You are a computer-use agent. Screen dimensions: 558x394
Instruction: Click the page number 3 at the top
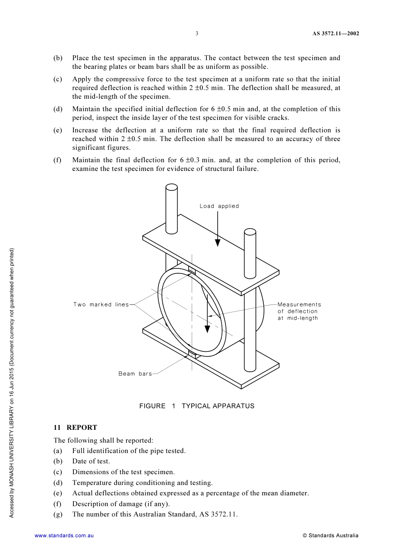click(x=197, y=34)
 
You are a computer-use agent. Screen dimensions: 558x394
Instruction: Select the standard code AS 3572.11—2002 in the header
click(x=336, y=34)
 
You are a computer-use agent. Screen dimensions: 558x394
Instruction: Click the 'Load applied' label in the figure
click(x=219, y=206)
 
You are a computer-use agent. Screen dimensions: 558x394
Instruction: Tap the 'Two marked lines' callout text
click(x=101, y=305)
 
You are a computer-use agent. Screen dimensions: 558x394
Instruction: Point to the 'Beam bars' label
click(x=135, y=374)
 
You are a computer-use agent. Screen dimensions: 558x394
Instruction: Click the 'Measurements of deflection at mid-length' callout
click(x=299, y=311)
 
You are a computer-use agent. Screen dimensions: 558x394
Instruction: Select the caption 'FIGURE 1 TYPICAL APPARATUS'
click(x=197, y=406)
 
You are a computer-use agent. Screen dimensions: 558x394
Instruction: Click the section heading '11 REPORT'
click(x=75, y=427)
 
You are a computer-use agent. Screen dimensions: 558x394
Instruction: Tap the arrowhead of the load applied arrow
click(x=218, y=243)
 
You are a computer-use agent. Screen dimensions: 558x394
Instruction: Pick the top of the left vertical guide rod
click(x=172, y=188)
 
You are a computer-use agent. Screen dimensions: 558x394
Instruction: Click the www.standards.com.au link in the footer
click(x=64, y=536)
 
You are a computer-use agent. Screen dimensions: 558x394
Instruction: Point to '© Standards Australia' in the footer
click(x=330, y=536)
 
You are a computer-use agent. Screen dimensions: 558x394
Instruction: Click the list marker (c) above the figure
click(x=58, y=79)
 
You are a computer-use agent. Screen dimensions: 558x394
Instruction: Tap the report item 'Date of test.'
click(x=91, y=461)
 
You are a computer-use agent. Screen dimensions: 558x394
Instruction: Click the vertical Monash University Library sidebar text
click(x=12, y=383)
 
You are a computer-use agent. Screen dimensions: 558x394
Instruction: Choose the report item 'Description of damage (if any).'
click(x=121, y=504)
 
